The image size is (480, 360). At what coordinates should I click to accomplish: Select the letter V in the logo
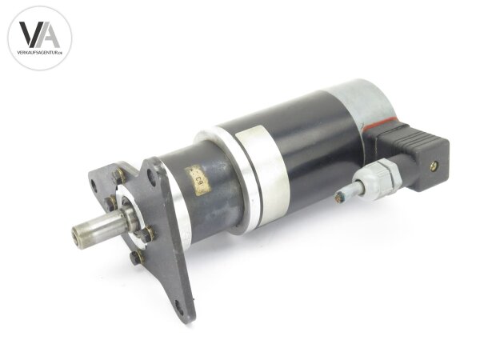[30, 36]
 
